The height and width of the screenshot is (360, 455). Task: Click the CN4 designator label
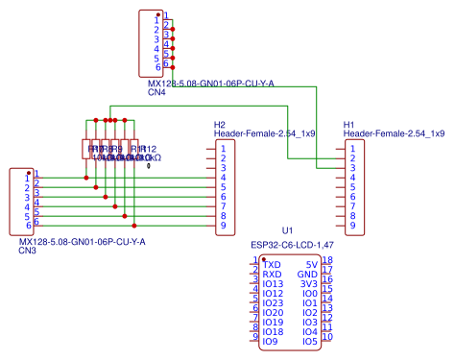(156, 94)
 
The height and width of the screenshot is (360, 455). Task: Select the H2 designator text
(220, 125)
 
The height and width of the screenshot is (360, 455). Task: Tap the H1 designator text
(349, 125)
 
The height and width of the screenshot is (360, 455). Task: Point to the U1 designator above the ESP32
(287, 231)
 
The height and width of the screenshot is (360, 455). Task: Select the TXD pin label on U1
(272, 263)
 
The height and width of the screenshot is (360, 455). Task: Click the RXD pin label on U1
(272, 275)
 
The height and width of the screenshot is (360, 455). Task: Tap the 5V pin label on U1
(311, 263)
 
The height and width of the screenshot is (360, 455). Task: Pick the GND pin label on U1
(307, 275)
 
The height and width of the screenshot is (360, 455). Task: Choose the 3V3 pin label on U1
(308, 284)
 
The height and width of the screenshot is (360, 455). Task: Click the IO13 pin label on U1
(273, 284)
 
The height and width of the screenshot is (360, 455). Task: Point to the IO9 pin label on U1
(270, 342)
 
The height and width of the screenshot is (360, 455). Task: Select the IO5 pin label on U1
(309, 342)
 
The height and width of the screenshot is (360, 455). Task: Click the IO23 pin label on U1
(273, 303)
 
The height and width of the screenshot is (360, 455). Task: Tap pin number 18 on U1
(327, 260)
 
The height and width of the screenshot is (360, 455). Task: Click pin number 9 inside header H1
(352, 226)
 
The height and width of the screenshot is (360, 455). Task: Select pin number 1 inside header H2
(223, 148)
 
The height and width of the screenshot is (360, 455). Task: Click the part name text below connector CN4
(210, 84)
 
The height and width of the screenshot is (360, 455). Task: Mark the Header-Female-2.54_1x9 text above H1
(394, 134)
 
